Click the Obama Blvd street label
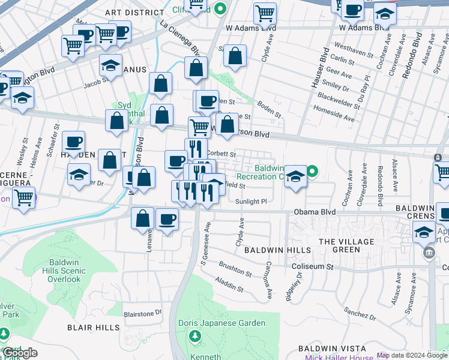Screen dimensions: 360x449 click(314, 212)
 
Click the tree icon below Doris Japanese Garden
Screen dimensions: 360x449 click(194, 337)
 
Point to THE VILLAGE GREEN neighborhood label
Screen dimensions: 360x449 click(346, 245)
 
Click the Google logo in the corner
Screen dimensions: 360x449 click(21, 352)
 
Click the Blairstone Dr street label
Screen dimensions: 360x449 click(142, 313)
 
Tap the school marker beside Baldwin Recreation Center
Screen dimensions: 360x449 click(295, 177)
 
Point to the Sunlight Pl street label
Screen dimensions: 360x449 click(250, 202)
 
